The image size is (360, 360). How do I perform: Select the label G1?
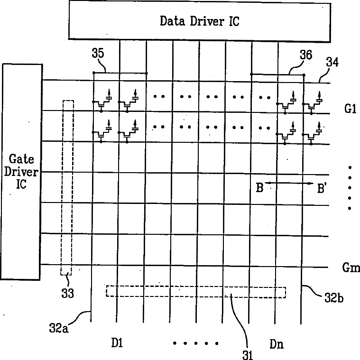click(350, 109)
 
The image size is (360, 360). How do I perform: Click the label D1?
click(117, 343)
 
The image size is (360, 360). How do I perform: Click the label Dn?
click(277, 343)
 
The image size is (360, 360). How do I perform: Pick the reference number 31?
click(248, 354)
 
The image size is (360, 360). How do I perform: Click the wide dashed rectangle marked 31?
click(196, 291)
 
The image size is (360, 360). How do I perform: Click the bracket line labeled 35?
click(120, 73)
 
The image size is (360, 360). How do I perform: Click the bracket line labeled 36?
click(277, 74)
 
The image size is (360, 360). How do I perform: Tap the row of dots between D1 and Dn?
click(195, 343)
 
